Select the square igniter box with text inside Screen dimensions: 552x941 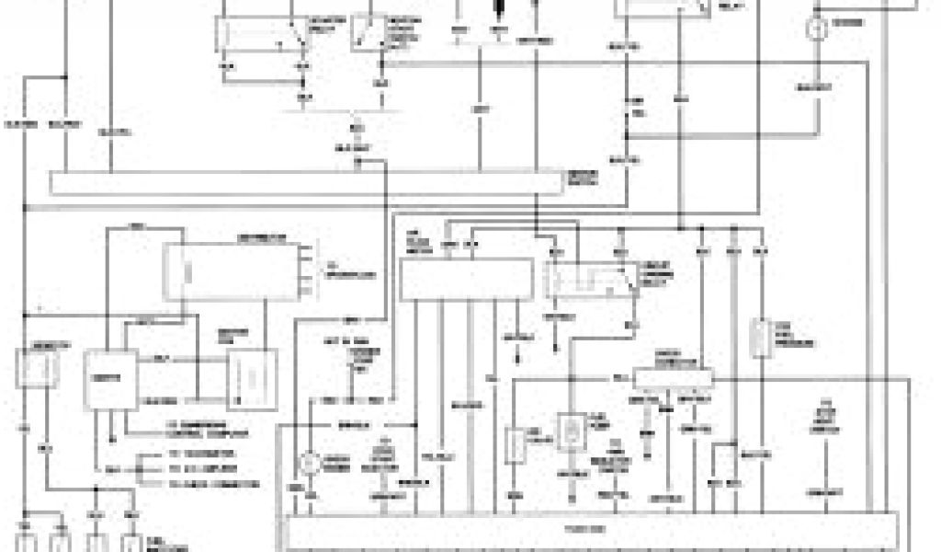(110, 378)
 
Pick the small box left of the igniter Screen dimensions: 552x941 (36, 368)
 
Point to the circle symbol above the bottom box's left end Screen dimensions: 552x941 (312, 462)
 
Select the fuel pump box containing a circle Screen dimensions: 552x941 (571, 432)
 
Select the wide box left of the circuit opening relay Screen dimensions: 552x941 (466, 279)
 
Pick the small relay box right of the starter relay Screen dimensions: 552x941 (367, 32)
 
